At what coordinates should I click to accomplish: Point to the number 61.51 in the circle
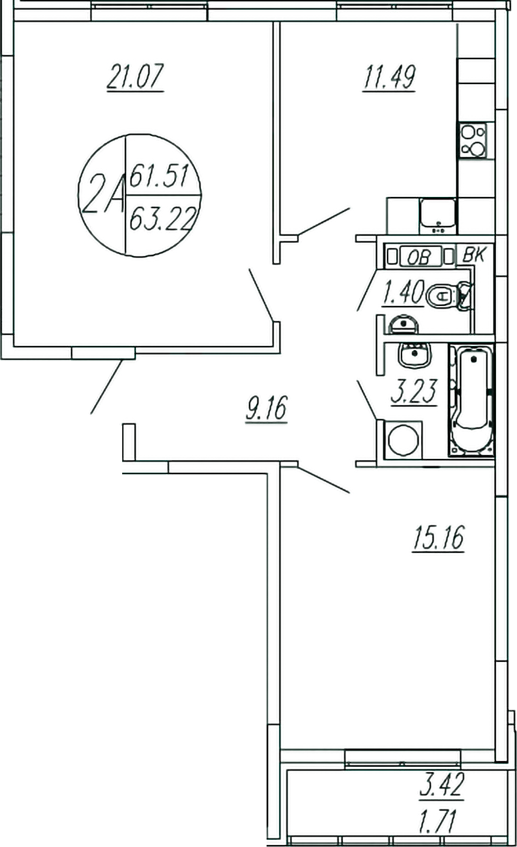[x=159, y=177]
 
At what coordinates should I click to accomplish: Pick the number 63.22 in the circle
[x=162, y=215]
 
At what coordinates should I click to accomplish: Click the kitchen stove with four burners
[x=473, y=139]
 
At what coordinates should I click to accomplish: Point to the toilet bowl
[x=447, y=295]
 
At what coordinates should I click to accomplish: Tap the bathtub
[x=472, y=401]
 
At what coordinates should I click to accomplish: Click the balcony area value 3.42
[x=441, y=787]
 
